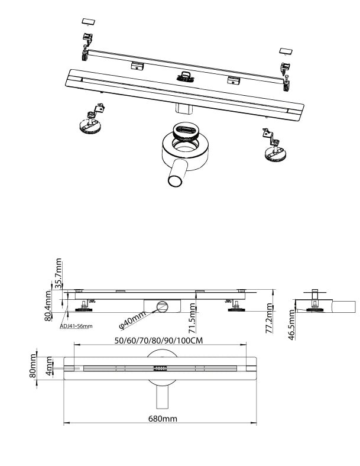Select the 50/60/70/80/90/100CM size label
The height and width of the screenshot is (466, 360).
point(160,341)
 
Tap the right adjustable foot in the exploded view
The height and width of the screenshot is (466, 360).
point(275,151)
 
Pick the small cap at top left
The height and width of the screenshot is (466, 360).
point(89,21)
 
